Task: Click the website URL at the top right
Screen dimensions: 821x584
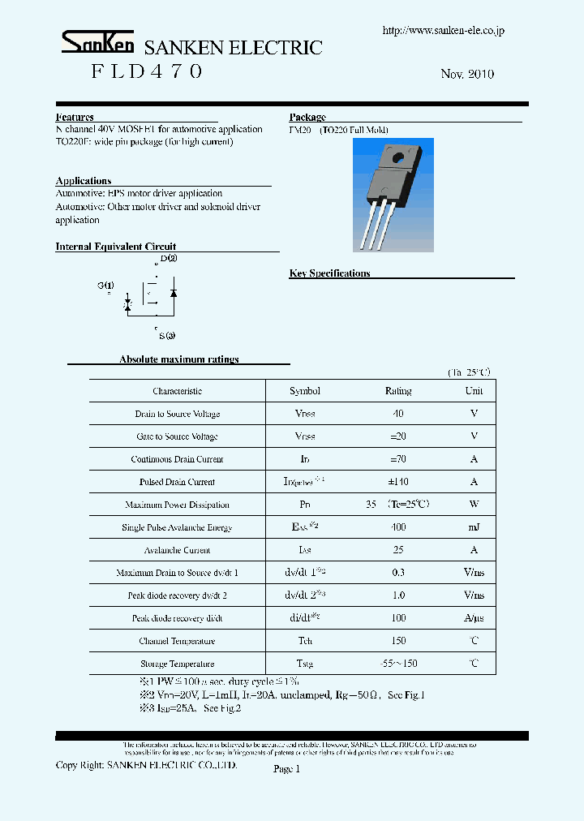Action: tap(443, 30)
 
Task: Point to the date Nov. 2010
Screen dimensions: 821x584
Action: tap(467, 74)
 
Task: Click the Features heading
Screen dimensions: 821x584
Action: tap(75, 117)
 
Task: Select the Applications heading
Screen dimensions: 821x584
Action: tap(84, 181)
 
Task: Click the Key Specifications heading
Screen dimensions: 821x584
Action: tap(329, 273)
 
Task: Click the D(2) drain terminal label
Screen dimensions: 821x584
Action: tap(169, 258)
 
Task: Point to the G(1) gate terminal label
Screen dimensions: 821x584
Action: tap(105, 285)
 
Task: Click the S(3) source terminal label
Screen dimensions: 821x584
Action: tap(167, 335)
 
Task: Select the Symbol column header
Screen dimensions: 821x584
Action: tap(305, 391)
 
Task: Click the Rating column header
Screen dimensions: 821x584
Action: tap(397, 391)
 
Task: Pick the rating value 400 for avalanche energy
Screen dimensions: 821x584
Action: tap(397, 527)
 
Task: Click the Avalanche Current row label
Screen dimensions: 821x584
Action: tap(177, 550)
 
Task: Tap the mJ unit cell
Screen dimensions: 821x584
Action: tap(474, 527)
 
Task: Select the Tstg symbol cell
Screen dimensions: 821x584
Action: tap(305, 664)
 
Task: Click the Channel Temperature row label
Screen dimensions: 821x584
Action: tap(177, 641)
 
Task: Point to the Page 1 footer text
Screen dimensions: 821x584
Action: tap(286, 769)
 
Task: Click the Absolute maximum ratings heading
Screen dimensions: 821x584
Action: tap(179, 359)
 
